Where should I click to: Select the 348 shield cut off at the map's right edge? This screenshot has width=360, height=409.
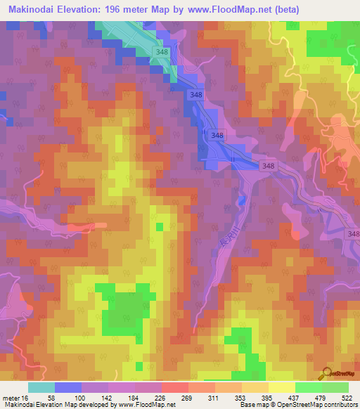tap(353, 233)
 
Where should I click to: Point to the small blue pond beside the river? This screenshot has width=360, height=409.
tap(243, 201)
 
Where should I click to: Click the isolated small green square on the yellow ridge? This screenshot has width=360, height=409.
tap(160, 226)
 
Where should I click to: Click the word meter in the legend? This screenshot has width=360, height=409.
tap(10, 398)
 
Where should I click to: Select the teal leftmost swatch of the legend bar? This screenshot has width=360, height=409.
tap(41, 387)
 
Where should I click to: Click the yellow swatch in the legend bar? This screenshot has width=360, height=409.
tap(282, 387)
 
